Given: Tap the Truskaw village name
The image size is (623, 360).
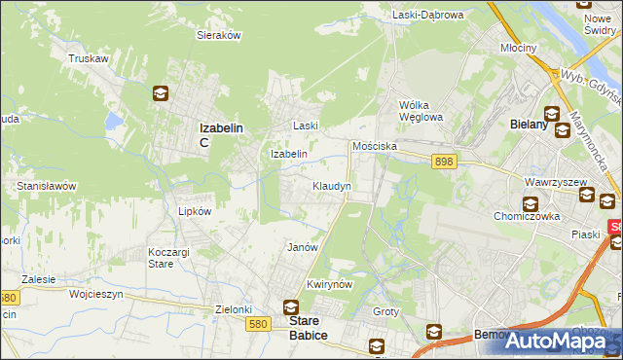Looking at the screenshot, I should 88,58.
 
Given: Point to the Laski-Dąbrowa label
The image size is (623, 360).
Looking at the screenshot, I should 428,15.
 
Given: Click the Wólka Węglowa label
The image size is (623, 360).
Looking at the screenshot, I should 421,111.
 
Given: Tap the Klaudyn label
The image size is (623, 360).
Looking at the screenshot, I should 331,185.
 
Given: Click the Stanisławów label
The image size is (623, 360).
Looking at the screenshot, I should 47,185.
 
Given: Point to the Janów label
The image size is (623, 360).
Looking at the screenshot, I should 303,247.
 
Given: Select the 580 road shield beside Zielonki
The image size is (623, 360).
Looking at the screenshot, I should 257,324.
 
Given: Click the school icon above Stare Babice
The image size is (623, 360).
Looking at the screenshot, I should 291,306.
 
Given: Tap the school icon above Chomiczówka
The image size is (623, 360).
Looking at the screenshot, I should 531,204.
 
